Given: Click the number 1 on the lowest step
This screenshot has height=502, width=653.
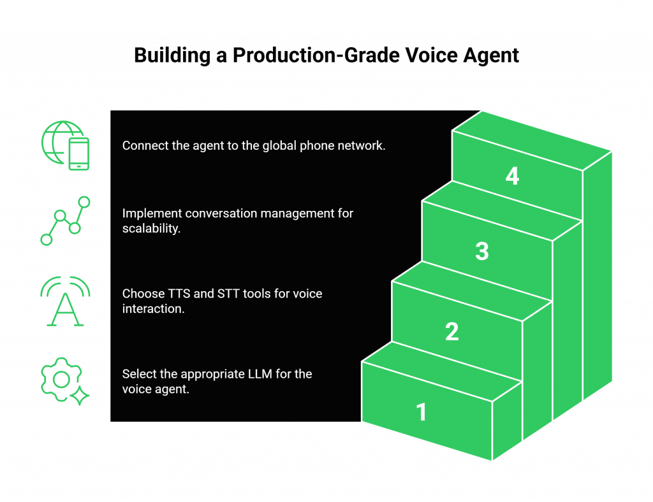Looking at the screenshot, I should [421, 412].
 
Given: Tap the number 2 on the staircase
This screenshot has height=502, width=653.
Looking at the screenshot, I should [451, 331].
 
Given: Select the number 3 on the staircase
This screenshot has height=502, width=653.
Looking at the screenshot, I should [482, 251].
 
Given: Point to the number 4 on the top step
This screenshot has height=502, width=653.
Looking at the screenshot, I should [512, 175].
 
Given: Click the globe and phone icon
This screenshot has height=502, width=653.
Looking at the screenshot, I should [66, 146].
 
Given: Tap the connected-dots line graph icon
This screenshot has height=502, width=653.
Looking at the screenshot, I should [66, 221].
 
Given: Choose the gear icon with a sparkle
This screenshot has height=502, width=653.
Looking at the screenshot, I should [64, 381].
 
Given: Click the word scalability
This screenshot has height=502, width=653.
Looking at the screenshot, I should [151, 228].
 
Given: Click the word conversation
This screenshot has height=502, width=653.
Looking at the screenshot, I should [216, 213].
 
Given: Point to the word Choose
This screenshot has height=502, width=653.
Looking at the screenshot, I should [142, 294].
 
